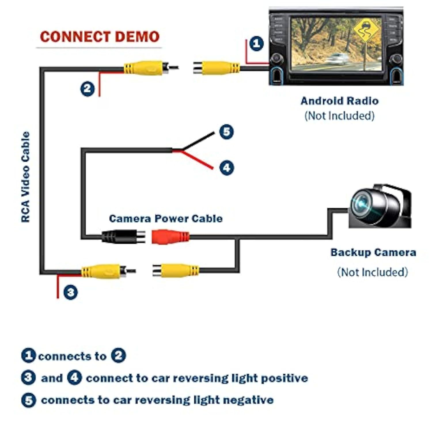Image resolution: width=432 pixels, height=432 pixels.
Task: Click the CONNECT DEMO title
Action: pos(99,37)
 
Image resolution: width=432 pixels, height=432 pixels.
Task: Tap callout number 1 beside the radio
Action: pos(256,44)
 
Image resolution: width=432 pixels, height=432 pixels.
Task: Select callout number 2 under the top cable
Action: pos(87,89)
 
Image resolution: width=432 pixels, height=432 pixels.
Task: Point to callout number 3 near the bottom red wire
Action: pos(71,292)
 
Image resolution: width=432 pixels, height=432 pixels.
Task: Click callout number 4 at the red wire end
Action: pos(227,168)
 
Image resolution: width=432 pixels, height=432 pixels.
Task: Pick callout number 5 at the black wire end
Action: pos(226,132)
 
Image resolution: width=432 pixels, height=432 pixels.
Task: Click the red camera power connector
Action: pos(170,237)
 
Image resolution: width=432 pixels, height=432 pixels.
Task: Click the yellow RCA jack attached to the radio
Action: pos(217,68)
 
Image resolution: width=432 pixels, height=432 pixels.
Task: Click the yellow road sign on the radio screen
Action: pos(366,29)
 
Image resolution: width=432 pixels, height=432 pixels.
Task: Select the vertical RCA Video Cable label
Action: pos(26,177)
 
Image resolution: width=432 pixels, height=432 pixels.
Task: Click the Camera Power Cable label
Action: pos(166,219)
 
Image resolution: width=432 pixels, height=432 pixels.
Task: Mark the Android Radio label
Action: pos(340,101)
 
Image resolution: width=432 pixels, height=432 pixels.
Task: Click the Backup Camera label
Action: pos(373,253)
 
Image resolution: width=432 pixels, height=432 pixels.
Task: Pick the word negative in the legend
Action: pos(248,400)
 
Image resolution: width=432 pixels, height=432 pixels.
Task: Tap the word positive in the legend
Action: pos(284,378)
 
